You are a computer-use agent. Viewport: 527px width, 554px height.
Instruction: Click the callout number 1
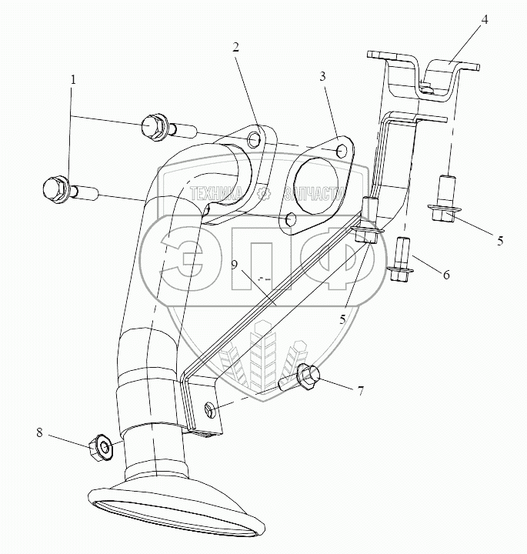point(73,80)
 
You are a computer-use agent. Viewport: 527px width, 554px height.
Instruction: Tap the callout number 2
point(237,47)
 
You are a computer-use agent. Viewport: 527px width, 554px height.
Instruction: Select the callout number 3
point(324,77)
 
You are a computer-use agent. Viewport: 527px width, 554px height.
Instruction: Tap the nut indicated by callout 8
point(101,446)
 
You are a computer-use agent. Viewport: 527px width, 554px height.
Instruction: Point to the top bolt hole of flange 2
point(254,138)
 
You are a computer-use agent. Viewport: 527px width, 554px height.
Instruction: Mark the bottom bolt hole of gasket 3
point(290,221)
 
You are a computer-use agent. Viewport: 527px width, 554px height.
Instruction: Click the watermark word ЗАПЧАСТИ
point(312,194)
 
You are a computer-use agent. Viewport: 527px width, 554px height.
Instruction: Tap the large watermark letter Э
point(192,258)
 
